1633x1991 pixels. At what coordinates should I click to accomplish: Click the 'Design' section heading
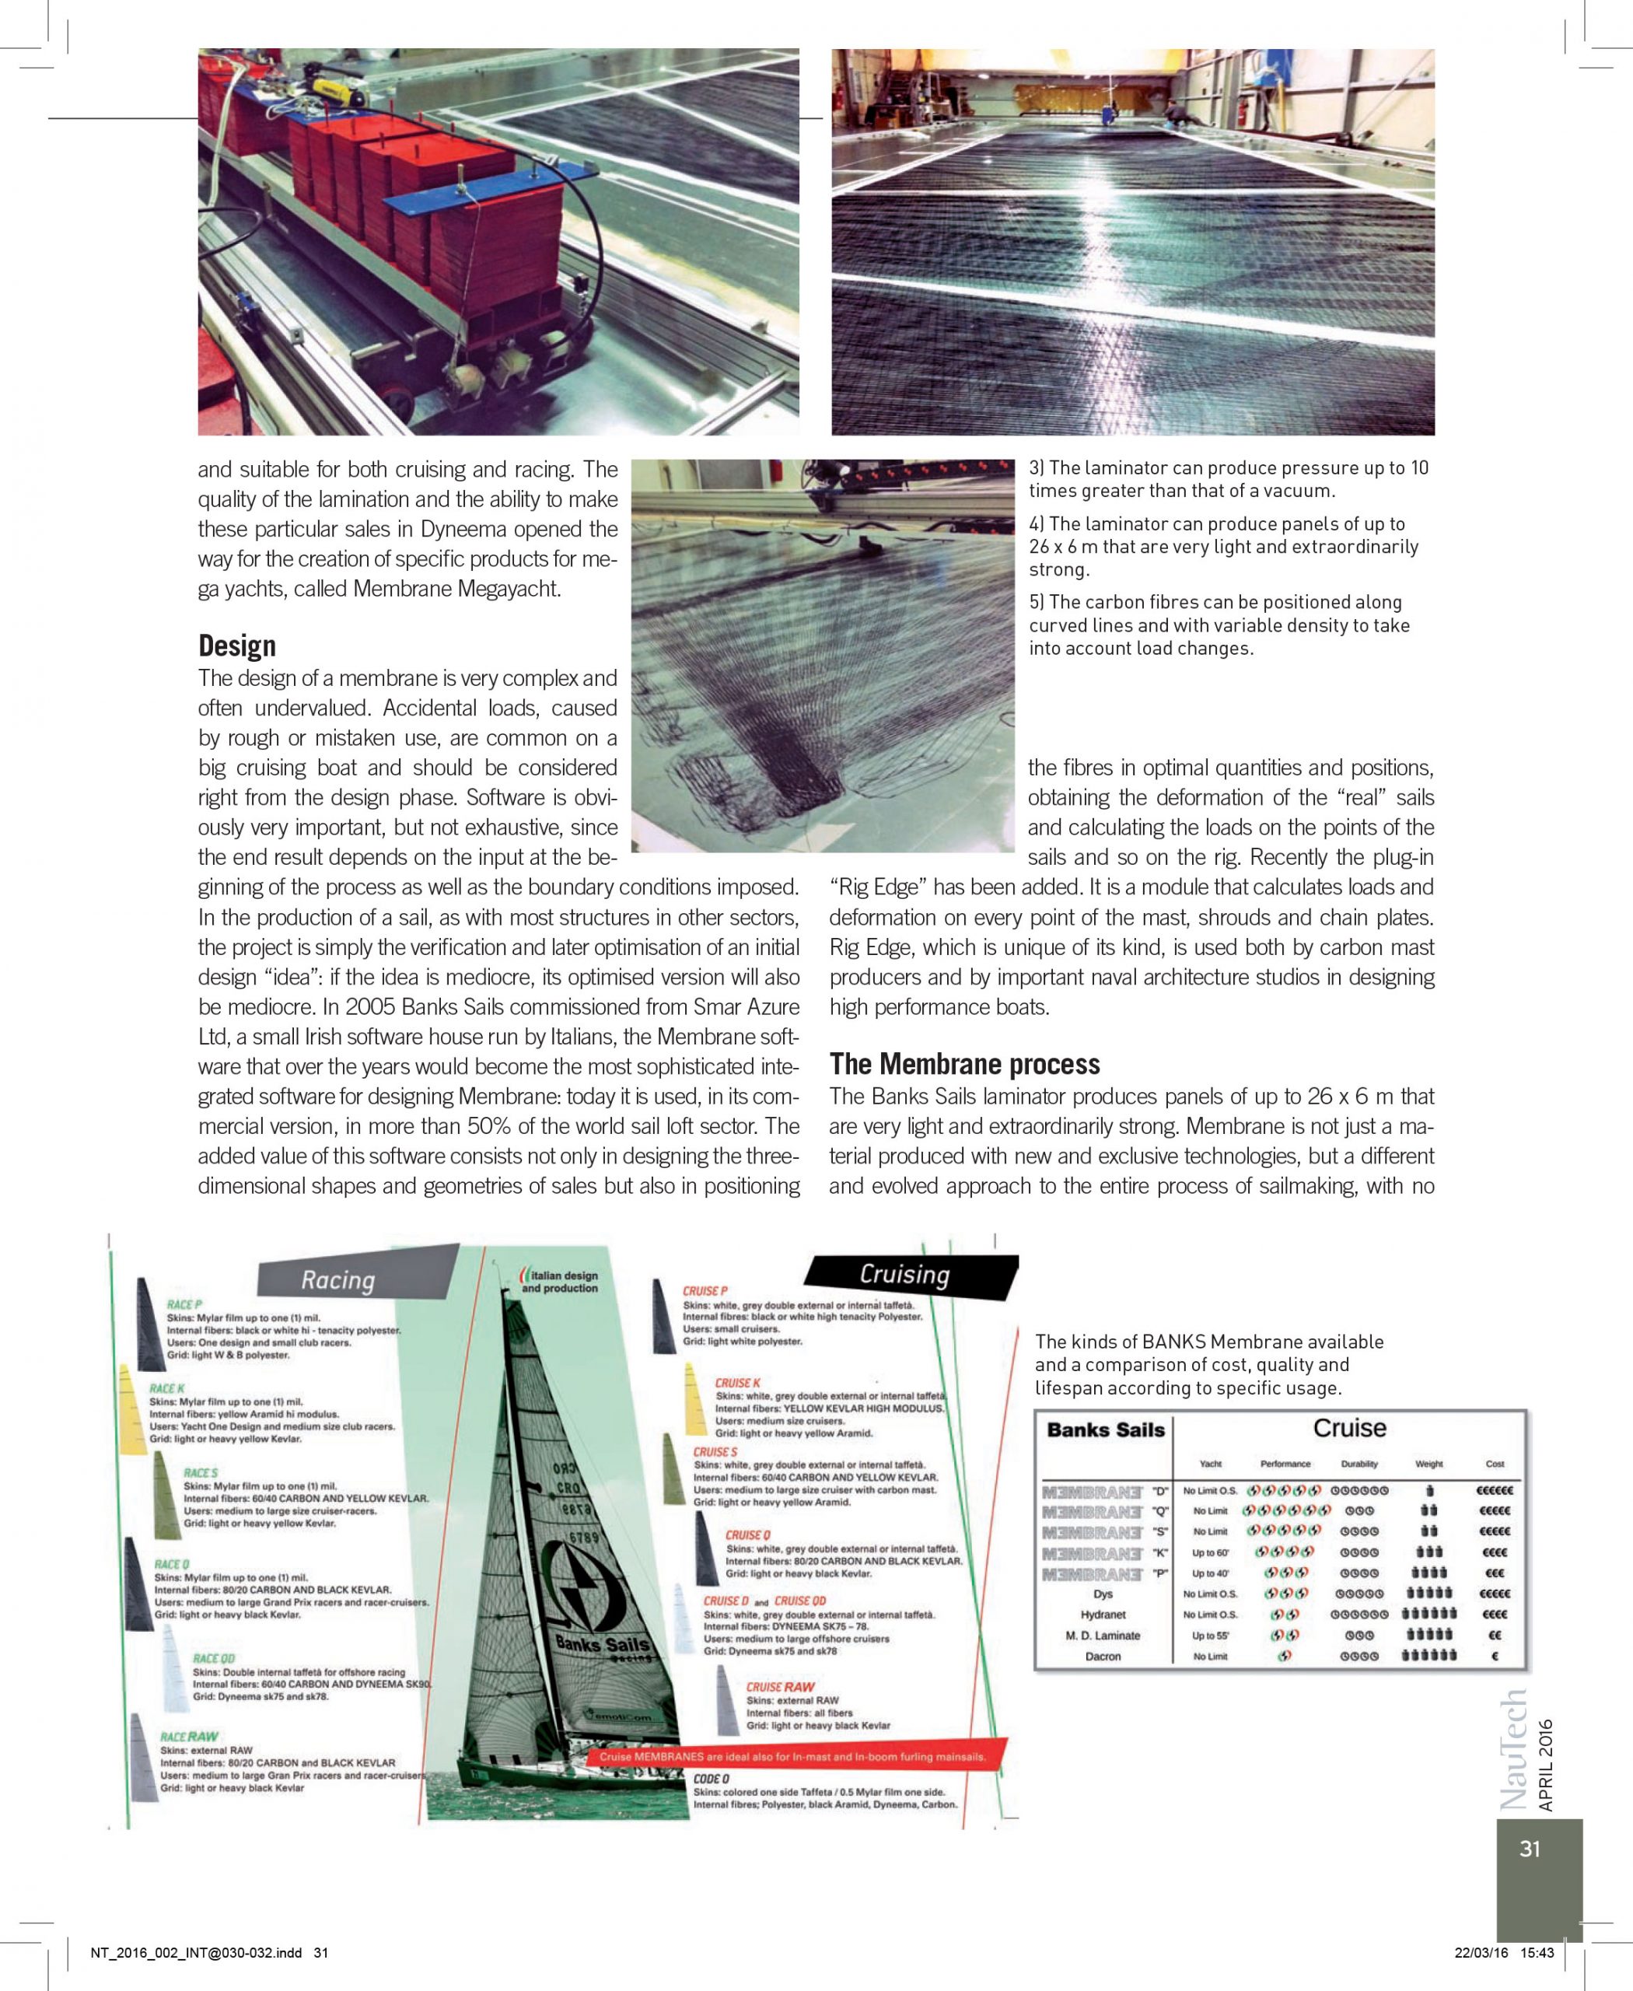(x=236, y=646)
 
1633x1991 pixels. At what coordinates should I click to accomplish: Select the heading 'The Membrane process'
(x=964, y=1063)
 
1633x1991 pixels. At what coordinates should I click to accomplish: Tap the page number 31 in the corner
(x=1530, y=1849)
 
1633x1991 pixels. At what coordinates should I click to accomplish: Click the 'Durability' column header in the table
(x=1359, y=1463)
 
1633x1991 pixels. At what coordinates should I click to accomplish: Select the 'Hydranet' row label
(x=1103, y=1615)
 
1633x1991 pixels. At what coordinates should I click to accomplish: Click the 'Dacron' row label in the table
(x=1103, y=1656)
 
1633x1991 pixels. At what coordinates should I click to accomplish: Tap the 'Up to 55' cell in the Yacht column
(x=1210, y=1636)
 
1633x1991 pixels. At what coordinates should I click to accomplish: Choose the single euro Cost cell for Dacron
(x=1494, y=1656)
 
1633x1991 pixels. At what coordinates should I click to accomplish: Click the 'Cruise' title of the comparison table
(x=1349, y=1427)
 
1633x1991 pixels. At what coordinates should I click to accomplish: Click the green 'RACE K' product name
(x=166, y=1387)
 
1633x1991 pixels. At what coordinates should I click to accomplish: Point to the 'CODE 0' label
(x=712, y=1779)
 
